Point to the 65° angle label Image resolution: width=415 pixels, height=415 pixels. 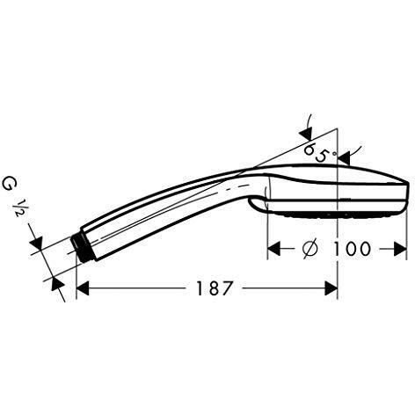tap(317, 153)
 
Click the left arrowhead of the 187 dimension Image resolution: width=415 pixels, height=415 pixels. tap(84, 288)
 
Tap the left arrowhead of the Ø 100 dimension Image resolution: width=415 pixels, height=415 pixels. tap(274, 249)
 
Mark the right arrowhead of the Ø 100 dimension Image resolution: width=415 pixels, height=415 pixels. tap(404, 249)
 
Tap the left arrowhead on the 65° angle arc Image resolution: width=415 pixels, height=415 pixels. tap(304, 132)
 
